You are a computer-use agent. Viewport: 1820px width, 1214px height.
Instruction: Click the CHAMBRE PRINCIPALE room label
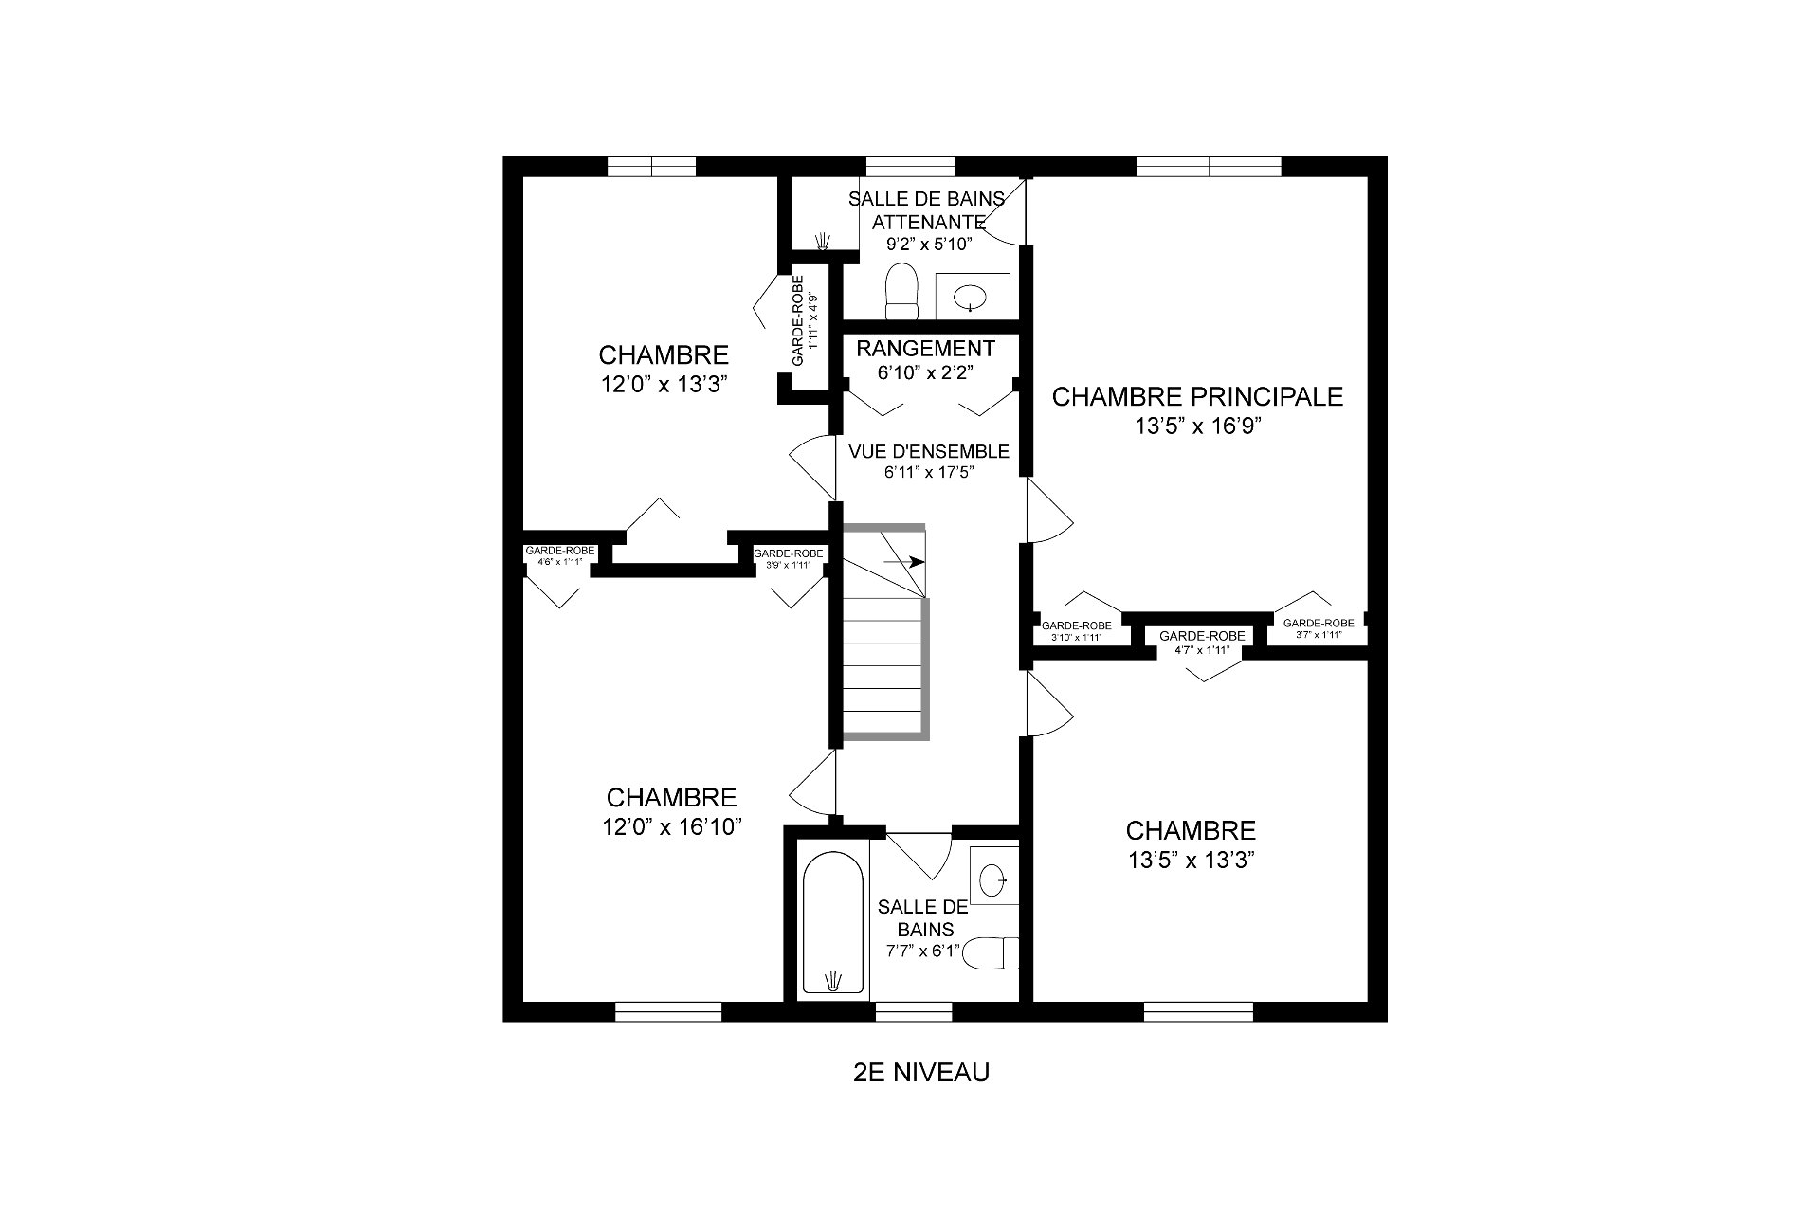point(1197,396)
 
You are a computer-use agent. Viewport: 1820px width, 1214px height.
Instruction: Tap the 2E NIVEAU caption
point(921,1072)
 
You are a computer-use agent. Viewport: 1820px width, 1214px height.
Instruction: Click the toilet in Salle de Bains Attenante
point(901,292)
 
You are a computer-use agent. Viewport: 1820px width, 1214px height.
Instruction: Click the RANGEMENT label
point(925,349)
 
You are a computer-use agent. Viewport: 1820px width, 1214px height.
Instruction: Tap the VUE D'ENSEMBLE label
point(929,451)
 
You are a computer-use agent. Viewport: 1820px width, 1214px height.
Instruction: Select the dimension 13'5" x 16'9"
point(1198,426)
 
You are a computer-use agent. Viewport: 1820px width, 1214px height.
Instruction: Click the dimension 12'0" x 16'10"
point(672,827)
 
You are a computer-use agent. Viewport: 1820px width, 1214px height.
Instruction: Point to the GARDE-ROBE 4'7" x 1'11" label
point(1201,643)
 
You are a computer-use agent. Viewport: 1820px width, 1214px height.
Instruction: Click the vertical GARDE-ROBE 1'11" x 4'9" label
point(804,321)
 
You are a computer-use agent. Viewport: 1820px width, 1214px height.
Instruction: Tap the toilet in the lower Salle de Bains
point(990,953)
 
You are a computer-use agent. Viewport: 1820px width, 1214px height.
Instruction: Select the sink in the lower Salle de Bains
point(993,879)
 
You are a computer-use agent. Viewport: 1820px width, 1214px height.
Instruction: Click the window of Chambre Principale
point(1209,167)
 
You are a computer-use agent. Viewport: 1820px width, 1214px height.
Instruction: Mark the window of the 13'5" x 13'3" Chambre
point(1198,1011)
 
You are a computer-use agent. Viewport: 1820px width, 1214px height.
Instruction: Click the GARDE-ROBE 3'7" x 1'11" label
point(1313,628)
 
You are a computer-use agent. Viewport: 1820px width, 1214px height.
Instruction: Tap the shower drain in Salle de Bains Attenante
point(822,239)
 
